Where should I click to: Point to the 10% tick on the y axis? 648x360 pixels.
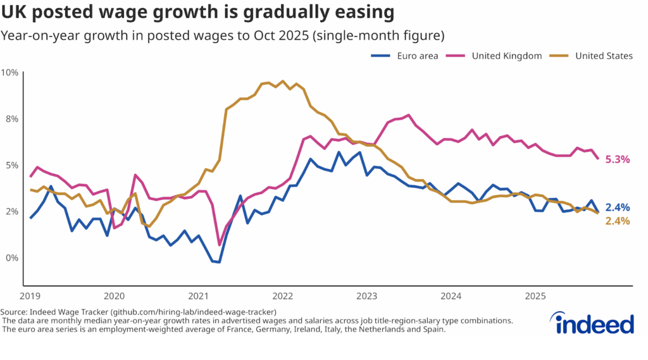pos(10,72)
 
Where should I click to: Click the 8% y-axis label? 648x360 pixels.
pos(12,119)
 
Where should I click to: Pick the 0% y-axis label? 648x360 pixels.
pos(12,258)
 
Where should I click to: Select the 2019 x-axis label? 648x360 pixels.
pos(29,296)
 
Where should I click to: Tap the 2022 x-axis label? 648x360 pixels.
pos(282,296)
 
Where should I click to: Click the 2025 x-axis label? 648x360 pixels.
pos(535,296)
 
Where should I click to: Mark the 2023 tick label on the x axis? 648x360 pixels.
pos(366,296)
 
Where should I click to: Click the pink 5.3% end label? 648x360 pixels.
pos(618,159)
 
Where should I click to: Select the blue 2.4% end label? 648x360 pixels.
pos(618,208)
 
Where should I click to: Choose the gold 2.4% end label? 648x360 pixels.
pos(618,221)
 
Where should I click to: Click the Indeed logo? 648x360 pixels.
pos(594,323)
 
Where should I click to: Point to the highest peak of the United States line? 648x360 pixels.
pos(282,81)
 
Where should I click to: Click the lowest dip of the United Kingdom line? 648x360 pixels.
pos(219,245)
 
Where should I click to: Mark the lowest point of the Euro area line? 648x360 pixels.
pos(219,262)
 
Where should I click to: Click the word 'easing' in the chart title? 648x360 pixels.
pos(363,13)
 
